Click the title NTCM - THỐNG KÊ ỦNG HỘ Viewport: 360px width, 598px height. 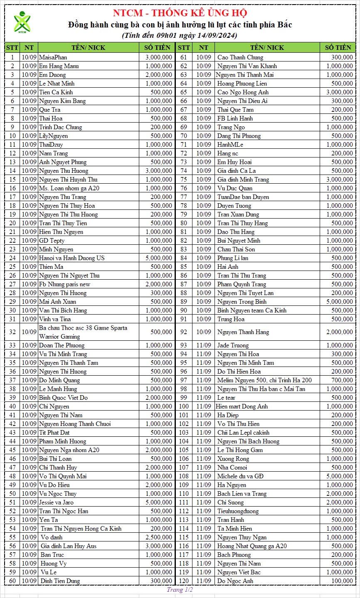pyautogui.click(x=180, y=13)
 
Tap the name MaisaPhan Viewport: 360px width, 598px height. pyautogui.click(x=53, y=57)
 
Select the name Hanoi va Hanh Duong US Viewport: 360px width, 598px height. pyautogui.click(x=72, y=258)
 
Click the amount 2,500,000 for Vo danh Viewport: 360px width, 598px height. pyautogui.click(x=158, y=537)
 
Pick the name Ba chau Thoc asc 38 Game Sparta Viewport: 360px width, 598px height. pyautogui.click(x=83, y=328)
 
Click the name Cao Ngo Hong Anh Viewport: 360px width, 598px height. pyautogui.click(x=243, y=92)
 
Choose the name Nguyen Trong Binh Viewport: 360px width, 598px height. pyautogui.click(x=242, y=302)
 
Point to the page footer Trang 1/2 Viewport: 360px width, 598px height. pyautogui.click(x=180, y=590)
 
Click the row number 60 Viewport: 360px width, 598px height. pyautogui.click(x=12, y=581)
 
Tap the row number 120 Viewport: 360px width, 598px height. pyautogui.click(x=184, y=581)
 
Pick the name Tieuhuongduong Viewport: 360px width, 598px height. pyautogui.click(x=238, y=511)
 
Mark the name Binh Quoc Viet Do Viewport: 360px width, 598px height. pyautogui.click(x=63, y=398)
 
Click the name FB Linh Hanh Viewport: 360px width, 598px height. pyautogui.click(x=235, y=118)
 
